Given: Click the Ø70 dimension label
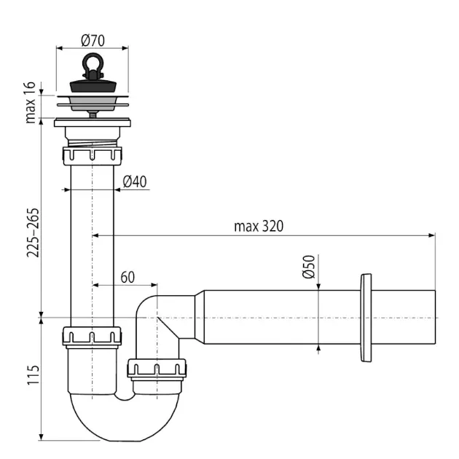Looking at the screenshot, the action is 93,40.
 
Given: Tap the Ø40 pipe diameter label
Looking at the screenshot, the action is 135,181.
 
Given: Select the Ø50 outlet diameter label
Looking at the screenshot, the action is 309,267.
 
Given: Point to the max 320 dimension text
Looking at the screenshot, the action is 259,227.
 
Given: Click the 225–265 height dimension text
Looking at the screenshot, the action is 33,232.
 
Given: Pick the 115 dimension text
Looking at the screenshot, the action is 33,375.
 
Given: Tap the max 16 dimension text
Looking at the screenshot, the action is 30,103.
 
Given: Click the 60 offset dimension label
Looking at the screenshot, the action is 127,277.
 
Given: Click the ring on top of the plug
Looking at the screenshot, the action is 93,61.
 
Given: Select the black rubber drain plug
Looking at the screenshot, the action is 93,85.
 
